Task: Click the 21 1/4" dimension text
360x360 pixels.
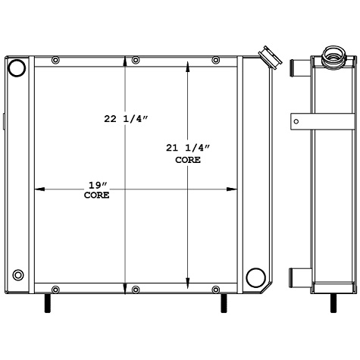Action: [187, 148]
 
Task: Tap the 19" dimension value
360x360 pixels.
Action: [96, 184]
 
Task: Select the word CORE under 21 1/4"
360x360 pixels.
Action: [187, 160]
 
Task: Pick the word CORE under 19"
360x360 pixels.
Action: [96, 195]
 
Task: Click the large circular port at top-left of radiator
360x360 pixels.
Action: [17, 68]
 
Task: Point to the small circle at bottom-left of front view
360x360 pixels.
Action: [18, 274]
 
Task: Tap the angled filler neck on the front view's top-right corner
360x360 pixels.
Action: [267, 57]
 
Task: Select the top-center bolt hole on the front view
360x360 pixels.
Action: [136, 61]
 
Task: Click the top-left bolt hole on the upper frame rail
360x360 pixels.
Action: [55, 61]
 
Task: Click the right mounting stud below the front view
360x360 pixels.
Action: [224, 302]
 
